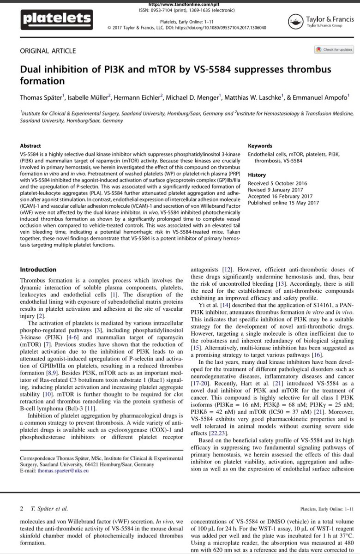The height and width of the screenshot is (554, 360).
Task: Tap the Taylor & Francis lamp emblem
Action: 294,20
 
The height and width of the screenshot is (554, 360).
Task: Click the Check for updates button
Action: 334,49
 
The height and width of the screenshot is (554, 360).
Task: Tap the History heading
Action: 258,175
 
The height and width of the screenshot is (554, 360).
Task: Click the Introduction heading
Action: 39,270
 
